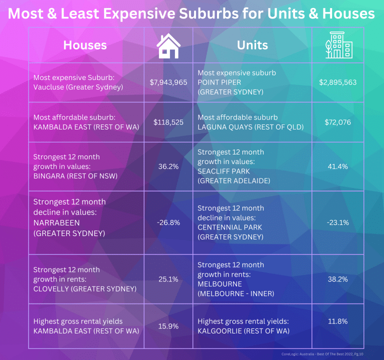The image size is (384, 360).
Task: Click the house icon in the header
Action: [x=168, y=45]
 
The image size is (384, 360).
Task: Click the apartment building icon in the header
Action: [x=337, y=45]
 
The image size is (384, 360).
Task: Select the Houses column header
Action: [x=85, y=45]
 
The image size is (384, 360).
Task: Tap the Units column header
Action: [x=252, y=45]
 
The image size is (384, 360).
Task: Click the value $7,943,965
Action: [x=168, y=82]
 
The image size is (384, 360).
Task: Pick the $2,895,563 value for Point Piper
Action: [x=338, y=82]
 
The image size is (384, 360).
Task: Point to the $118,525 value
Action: [x=168, y=121]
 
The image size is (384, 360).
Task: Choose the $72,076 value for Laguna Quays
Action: [x=338, y=121]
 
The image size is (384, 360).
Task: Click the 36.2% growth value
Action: [x=168, y=166]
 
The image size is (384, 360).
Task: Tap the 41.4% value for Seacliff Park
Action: [x=338, y=166]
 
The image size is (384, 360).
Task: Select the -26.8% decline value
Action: [x=168, y=222]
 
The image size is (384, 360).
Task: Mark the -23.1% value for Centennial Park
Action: [x=338, y=222]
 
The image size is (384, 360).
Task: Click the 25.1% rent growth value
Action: [x=168, y=279]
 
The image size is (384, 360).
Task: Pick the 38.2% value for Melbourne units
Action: [x=338, y=279]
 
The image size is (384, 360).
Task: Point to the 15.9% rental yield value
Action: [x=168, y=325]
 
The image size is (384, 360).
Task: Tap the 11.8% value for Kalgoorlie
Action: [x=338, y=325]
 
